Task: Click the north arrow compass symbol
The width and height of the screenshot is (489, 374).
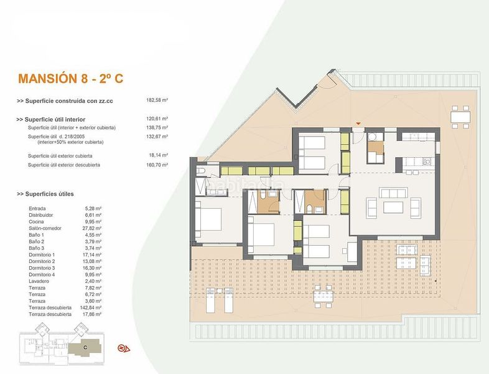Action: click(x=123, y=348)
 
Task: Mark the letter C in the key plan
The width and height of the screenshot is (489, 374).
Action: click(x=85, y=346)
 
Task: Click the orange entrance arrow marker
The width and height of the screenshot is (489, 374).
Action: click(x=358, y=123)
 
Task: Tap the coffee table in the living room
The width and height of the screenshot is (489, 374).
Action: click(x=394, y=207)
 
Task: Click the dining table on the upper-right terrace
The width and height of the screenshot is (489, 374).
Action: click(x=460, y=116)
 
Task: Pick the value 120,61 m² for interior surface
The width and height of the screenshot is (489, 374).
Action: click(x=157, y=118)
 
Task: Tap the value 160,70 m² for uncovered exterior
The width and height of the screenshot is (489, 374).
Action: click(x=157, y=165)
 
